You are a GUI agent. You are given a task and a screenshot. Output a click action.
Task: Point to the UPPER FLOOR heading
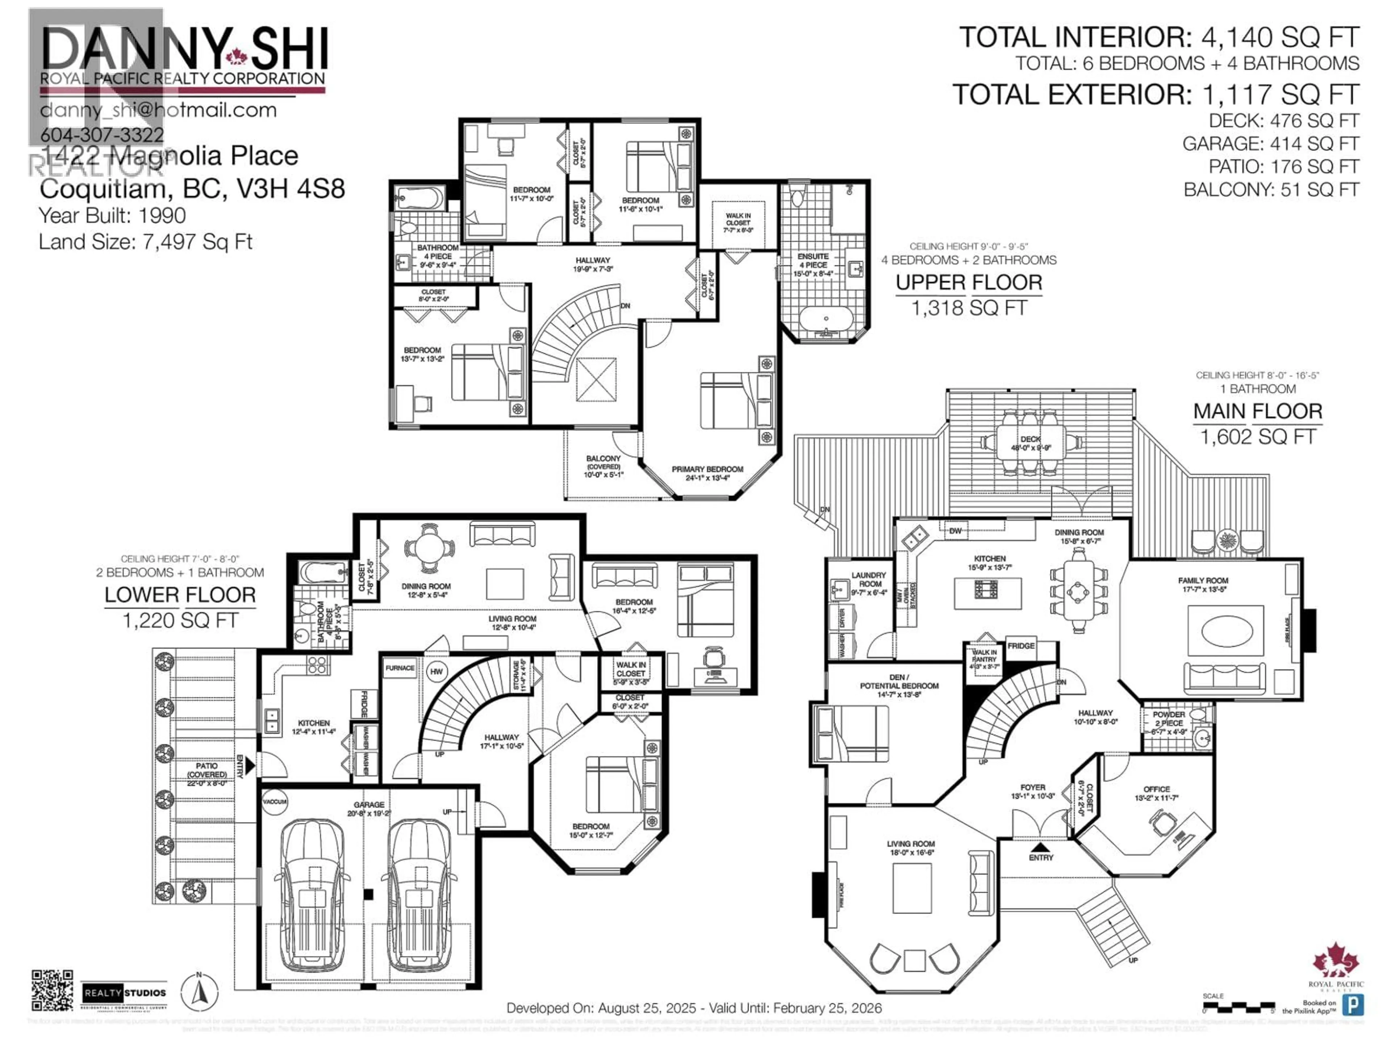coord(968,283)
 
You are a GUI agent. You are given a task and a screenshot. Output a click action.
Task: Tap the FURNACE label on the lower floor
coord(400,668)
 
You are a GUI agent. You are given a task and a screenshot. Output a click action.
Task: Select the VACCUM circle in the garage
coord(275,801)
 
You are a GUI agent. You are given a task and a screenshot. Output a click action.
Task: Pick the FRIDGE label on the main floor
coord(1021,646)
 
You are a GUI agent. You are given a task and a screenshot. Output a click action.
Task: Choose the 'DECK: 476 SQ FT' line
coord(1283,121)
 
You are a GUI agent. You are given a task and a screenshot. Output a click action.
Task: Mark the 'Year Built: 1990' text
coord(113,215)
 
